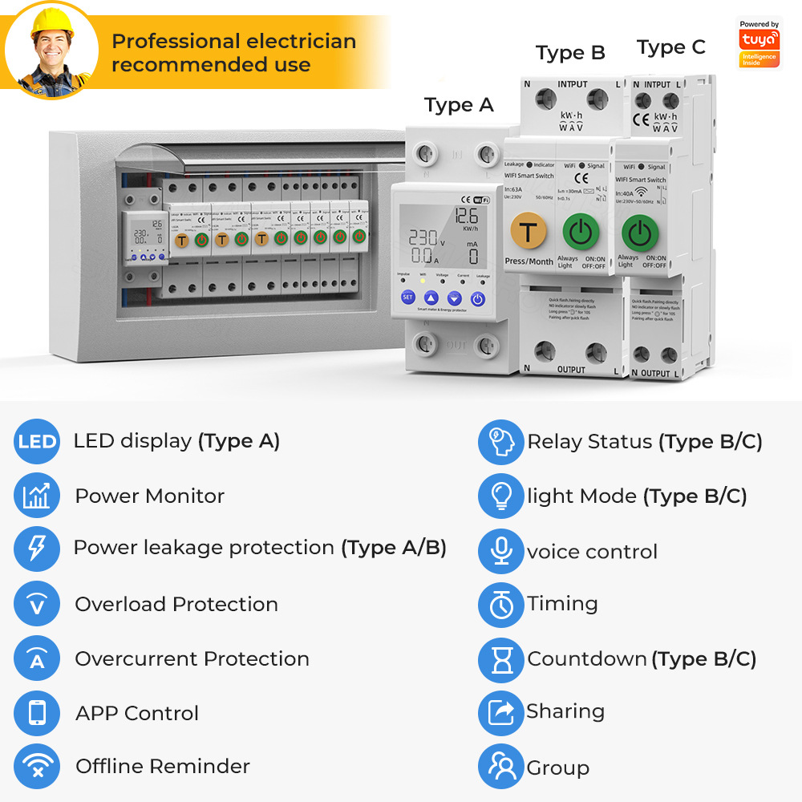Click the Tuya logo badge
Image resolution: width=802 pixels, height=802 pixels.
click(x=759, y=44)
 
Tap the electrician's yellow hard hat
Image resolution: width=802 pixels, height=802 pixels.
click(x=51, y=24)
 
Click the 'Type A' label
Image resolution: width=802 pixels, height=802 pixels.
click(x=459, y=105)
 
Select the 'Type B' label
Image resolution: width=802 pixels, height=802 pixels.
click(x=570, y=53)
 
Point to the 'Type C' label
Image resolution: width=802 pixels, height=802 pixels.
click(x=671, y=47)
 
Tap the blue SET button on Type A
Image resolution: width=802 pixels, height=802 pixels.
click(x=407, y=298)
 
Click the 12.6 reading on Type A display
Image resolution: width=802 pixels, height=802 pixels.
click(x=466, y=216)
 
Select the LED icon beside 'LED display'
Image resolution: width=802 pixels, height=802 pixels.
click(x=37, y=442)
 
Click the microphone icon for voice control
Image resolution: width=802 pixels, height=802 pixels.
click(x=501, y=552)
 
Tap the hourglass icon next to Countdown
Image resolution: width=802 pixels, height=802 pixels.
click(x=501, y=659)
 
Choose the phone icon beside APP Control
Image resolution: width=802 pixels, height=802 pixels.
click(x=37, y=713)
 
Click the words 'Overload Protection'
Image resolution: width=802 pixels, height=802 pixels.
click(x=176, y=605)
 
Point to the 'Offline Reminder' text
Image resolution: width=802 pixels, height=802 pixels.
click(x=163, y=767)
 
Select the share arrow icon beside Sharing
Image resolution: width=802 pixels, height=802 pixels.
click(x=501, y=712)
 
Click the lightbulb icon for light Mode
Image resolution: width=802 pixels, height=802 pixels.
click(x=501, y=496)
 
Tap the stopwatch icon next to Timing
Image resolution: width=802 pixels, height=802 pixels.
click(x=501, y=605)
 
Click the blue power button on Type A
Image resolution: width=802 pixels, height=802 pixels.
click(x=478, y=298)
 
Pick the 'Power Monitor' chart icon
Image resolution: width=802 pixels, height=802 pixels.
click(x=37, y=496)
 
